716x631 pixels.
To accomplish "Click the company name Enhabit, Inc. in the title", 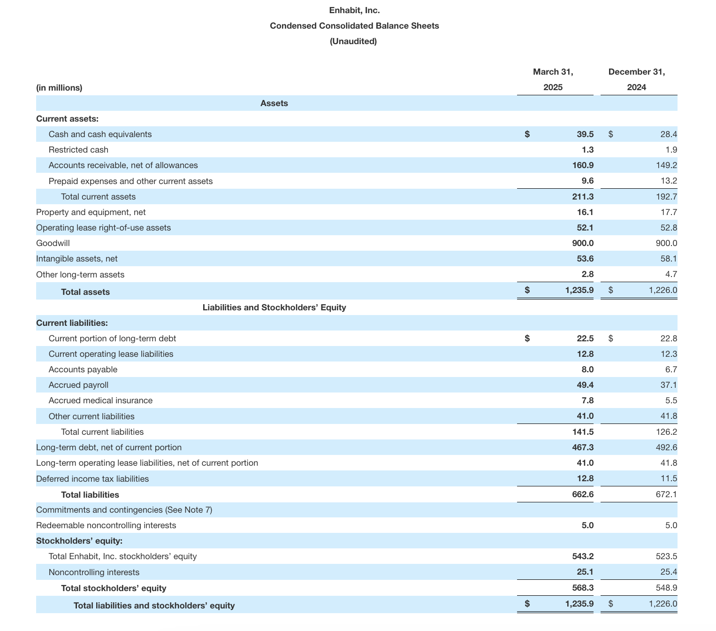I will pos(354,10).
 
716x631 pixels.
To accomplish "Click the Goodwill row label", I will pos(53,243).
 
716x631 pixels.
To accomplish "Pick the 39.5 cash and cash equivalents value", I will pos(585,134).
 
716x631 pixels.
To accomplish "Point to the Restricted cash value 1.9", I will pos(671,150).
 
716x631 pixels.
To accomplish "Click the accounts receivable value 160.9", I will pos(582,165).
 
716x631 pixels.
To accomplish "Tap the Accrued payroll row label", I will pos(78,385).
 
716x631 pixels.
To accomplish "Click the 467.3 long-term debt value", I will pos(582,447).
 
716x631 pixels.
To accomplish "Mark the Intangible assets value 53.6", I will pos(585,259).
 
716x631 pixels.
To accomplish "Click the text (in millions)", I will pos(59,88).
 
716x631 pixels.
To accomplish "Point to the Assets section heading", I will pos(274,103).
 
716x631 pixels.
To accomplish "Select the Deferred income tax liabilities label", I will pos(92,479).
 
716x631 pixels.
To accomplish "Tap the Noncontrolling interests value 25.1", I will pos(585,572).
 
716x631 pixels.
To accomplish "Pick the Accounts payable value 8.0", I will pos(587,369).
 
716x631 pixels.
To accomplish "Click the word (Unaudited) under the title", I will pos(353,41).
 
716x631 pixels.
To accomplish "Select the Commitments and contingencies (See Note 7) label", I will pos(124,510).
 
